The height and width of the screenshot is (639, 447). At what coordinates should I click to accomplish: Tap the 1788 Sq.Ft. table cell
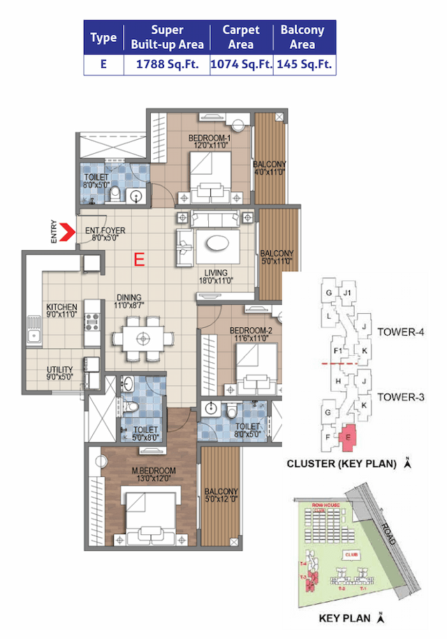click(x=167, y=64)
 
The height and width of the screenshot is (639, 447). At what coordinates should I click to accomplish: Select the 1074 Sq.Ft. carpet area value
click(x=240, y=64)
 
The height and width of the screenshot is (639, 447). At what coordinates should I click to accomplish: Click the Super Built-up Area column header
click(x=167, y=37)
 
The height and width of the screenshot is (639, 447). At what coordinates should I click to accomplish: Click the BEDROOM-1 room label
click(x=210, y=138)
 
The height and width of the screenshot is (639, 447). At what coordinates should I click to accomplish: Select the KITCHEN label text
click(x=61, y=307)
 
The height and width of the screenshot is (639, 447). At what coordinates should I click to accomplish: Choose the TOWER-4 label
click(x=401, y=331)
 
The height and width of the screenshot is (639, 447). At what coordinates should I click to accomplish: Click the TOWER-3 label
click(x=401, y=396)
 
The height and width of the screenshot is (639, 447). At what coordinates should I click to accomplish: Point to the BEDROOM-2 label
click(x=251, y=330)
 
